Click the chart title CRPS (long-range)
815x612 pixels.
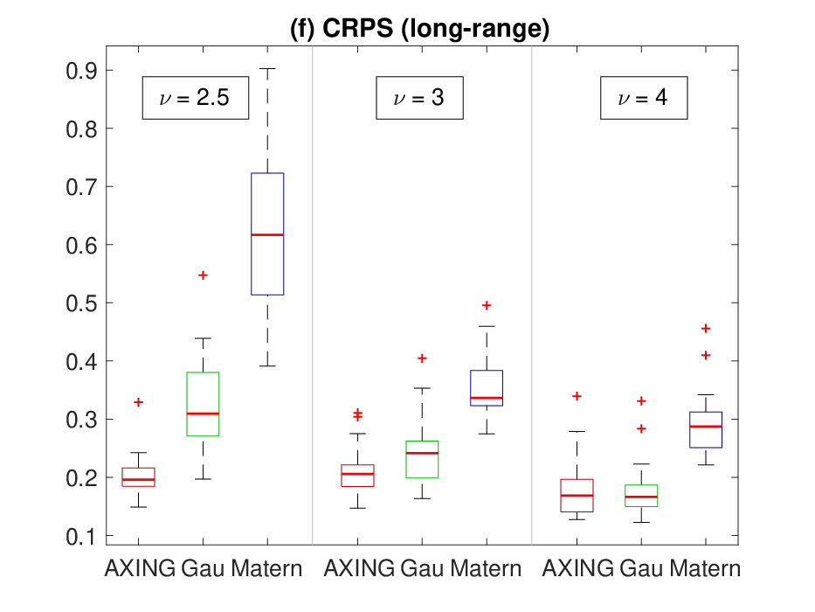(x=419, y=28)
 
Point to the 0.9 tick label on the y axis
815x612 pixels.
(x=81, y=71)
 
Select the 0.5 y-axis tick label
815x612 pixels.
(x=81, y=303)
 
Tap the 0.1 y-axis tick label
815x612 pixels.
(x=81, y=537)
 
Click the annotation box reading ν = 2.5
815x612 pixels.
(x=196, y=98)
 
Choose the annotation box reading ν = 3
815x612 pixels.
(x=419, y=98)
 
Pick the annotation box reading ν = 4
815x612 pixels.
(x=644, y=98)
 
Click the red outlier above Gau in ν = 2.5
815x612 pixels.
(x=203, y=275)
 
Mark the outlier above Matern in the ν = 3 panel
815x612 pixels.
(x=487, y=305)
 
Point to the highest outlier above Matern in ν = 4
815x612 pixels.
(x=705, y=329)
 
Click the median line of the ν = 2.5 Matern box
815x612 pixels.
(x=267, y=234)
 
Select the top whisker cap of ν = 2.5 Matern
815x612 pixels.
(x=267, y=69)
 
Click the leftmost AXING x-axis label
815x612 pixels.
(x=140, y=568)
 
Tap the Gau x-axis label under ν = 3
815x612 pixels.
(x=422, y=568)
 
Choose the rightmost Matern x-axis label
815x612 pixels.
(x=705, y=568)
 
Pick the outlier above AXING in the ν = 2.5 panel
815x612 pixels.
(x=138, y=402)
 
